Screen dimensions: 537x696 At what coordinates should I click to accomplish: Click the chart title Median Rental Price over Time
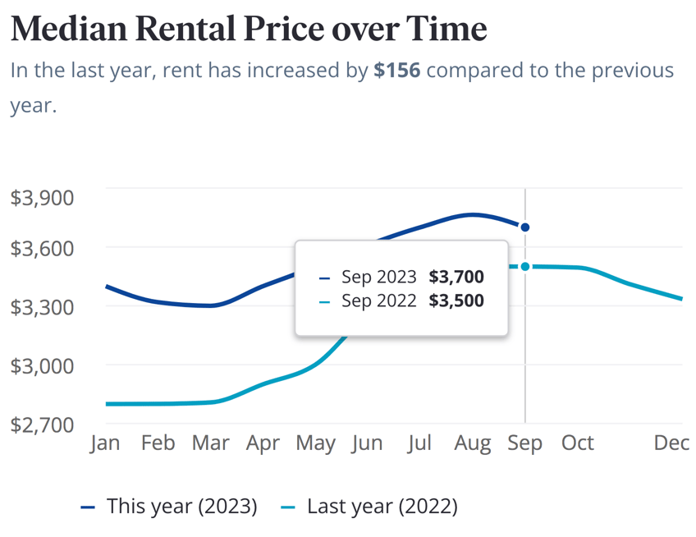point(249,29)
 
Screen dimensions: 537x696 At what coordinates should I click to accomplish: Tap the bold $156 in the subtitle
point(396,70)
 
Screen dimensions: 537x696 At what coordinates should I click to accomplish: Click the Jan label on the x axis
point(105,443)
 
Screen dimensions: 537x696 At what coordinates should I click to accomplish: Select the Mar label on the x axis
point(210,443)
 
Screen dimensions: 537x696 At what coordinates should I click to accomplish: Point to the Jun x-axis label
point(367,443)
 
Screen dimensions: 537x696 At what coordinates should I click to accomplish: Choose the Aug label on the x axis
point(473,443)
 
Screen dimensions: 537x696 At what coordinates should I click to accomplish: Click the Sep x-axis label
point(525,443)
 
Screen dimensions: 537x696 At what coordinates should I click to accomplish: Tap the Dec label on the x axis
point(671,443)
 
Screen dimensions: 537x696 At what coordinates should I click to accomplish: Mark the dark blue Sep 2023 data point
point(525,227)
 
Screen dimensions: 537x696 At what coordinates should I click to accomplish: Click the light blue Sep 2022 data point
point(525,267)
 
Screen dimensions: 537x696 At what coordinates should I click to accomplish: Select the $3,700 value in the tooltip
point(456,278)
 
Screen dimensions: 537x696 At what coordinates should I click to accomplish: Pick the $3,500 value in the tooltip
point(456,301)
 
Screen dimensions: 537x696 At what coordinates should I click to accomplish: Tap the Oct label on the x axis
point(578,443)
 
